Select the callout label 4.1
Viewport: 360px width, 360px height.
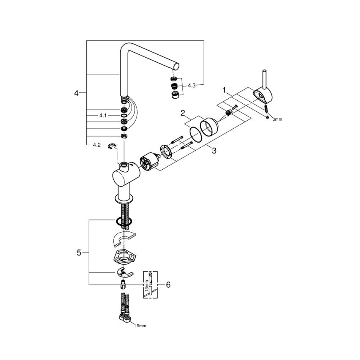103,116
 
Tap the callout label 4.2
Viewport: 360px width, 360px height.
97,145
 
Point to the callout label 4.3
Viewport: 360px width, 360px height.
192,85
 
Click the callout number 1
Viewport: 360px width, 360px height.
224,90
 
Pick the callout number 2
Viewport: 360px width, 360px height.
182,113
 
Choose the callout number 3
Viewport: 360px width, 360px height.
214,151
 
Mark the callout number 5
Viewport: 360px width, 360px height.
79,252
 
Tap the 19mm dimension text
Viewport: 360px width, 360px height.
140,326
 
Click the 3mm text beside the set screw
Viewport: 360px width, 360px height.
277,119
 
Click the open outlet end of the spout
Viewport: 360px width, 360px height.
176,66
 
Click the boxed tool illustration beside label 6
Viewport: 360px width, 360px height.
151,285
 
